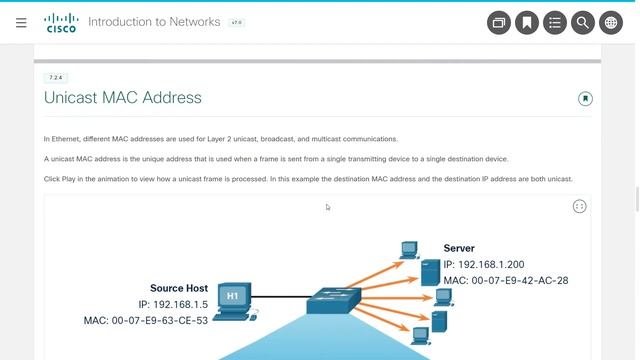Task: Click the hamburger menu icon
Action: click(x=21, y=22)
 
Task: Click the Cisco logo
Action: click(x=61, y=22)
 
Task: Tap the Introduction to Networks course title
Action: click(x=155, y=22)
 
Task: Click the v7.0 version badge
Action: click(x=236, y=22)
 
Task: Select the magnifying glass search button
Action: click(x=582, y=23)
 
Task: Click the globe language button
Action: click(x=610, y=23)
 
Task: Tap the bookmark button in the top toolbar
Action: click(x=526, y=23)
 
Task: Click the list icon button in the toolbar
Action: click(x=554, y=23)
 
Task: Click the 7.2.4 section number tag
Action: click(x=56, y=77)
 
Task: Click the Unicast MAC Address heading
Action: click(x=123, y=98)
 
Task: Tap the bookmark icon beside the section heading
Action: click(x=585, y=98)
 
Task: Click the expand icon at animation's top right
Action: click(x=579, y=206)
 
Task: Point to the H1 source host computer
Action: click(x=233, y=298)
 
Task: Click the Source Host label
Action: click(x=179, y=288)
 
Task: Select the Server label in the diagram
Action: click(x=459, y=248)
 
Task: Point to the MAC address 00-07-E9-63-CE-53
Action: click(x=146, y=320)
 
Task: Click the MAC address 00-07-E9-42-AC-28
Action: click(x=506, y=280)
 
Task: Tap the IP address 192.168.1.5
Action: click(x=173, y=304)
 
